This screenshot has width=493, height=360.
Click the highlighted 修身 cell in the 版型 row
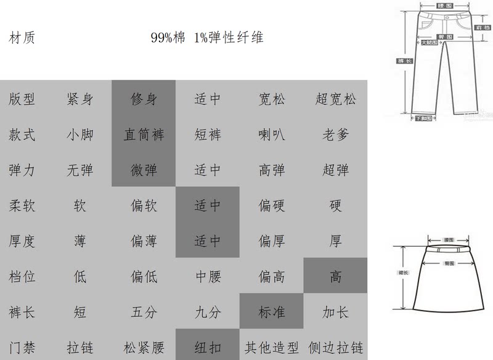point(144,99)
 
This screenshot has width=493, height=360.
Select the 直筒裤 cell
point(144,134)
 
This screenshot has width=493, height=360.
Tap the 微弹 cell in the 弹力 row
point(144,170)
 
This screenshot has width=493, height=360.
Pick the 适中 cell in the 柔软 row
point(208,205)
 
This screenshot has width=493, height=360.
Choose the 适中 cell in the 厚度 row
point(208,240)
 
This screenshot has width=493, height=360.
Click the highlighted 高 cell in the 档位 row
point(335,276)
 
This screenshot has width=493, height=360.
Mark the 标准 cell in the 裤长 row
point(272,312)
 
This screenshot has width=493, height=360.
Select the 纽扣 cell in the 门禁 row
point(208,346)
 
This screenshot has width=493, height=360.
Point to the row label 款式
point(22,134)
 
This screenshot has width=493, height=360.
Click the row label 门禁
point(22,346)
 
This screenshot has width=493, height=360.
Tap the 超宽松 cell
point(335,99)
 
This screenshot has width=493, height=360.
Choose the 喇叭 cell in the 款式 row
point(272,134)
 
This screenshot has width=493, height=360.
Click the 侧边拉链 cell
point(335,346)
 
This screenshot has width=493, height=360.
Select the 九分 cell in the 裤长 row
point(208,312)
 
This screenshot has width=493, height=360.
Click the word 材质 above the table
point(22,38)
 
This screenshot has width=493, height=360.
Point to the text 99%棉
point(168,38)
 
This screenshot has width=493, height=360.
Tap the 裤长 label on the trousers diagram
point(404,61)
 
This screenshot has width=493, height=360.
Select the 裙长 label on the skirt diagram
point(402,272)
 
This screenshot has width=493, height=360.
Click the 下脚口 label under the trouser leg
point(423,118)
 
